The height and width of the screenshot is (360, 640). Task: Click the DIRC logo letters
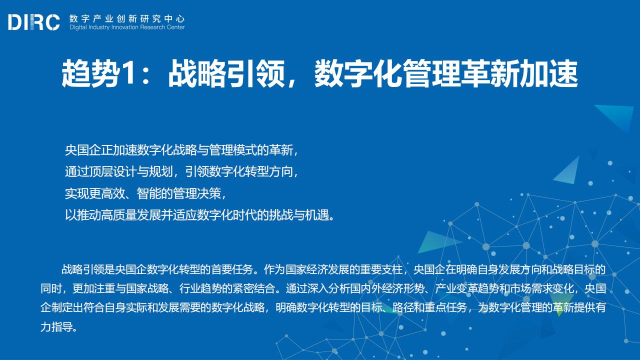[x=34, y=22]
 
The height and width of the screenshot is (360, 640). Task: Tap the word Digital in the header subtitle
[x=78, y=27]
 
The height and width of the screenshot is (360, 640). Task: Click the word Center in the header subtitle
[x=175, y=27]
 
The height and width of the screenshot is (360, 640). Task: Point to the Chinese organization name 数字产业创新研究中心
[x=127, y=19]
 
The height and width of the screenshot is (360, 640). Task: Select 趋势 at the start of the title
[x=90, y=73]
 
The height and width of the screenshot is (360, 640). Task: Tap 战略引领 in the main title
[x=226, y=73]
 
